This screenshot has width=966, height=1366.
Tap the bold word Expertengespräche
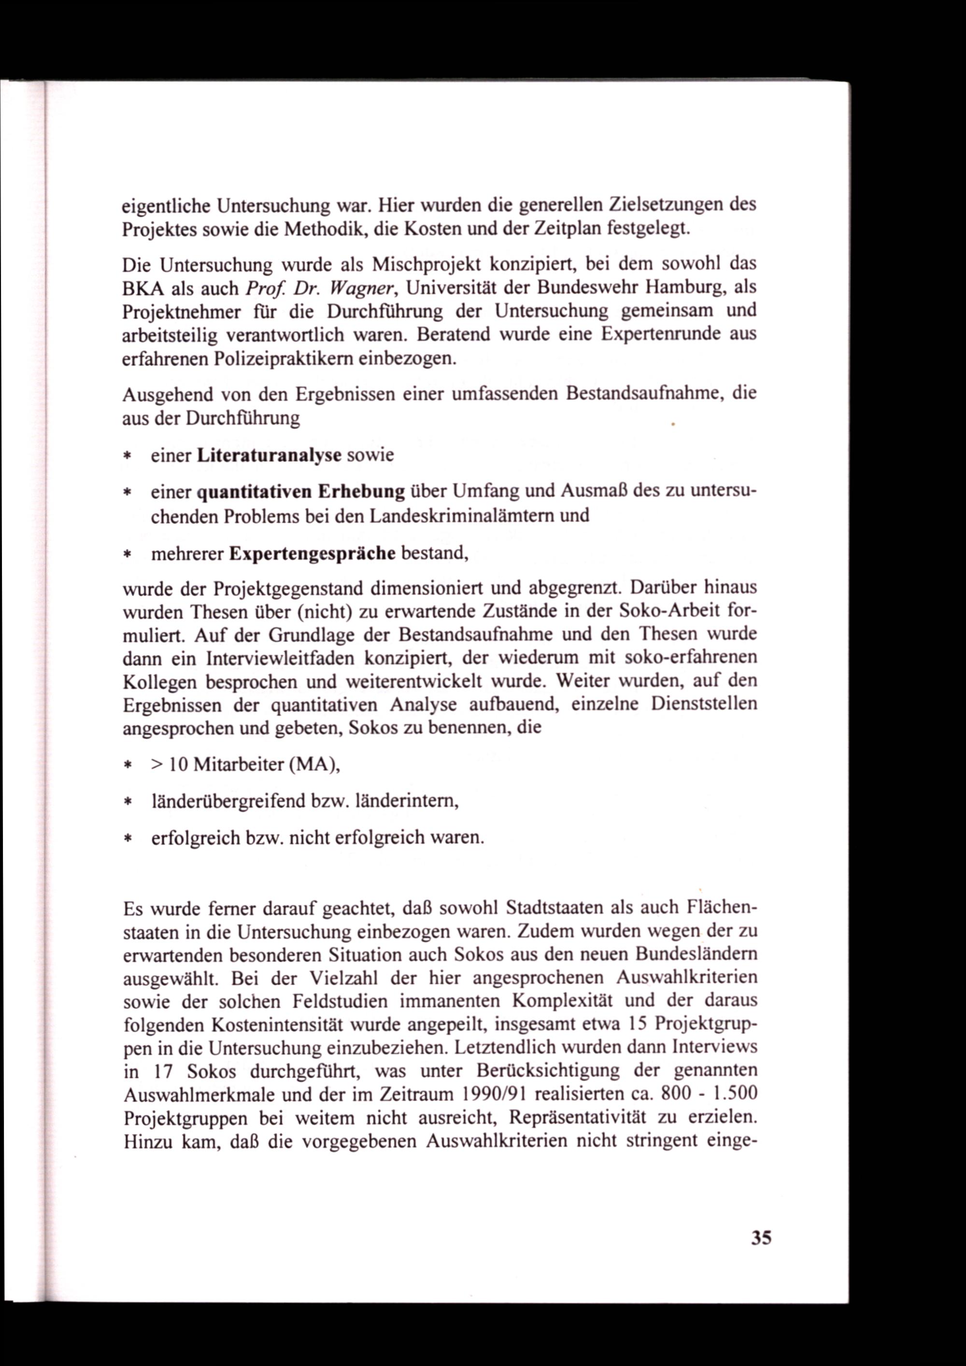[x=313, y=554]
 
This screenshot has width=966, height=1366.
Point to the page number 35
[x=761, y=1238]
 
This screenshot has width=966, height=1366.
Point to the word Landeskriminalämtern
[x=462, y=515]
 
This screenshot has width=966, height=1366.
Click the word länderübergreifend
[x=228, y=801]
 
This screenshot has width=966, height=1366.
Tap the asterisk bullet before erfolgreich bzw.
[x=128, y=839]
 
